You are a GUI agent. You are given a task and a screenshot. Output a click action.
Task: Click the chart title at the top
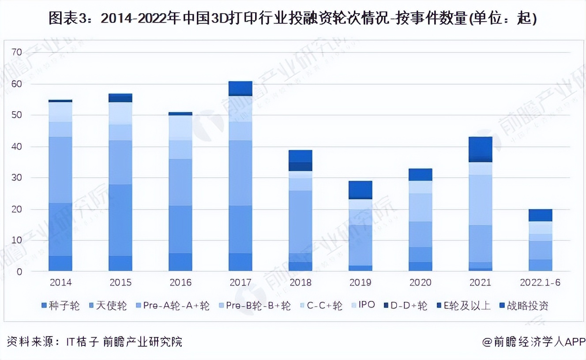tap(293, 18)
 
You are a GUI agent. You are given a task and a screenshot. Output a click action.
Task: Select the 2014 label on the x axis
tap(60, 282)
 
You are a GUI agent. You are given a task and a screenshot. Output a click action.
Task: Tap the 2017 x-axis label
tap(240, 282)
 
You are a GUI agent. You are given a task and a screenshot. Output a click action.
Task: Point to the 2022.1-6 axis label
tap(540, 282)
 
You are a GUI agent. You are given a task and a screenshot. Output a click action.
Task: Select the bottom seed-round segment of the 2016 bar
tap(180, 262)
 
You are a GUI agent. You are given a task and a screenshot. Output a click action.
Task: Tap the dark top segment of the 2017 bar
tap(240, 88)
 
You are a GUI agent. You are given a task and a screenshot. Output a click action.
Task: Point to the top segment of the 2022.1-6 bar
tap(540, 215)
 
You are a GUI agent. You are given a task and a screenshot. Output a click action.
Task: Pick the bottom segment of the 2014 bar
tap(60, 263)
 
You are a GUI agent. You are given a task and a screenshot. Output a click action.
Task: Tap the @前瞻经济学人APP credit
tap(533, 341)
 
